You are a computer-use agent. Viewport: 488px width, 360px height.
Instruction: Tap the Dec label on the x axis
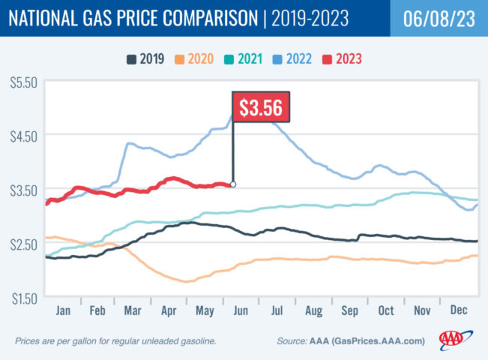460,309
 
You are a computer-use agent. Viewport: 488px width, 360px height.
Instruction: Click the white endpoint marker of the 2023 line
233,184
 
